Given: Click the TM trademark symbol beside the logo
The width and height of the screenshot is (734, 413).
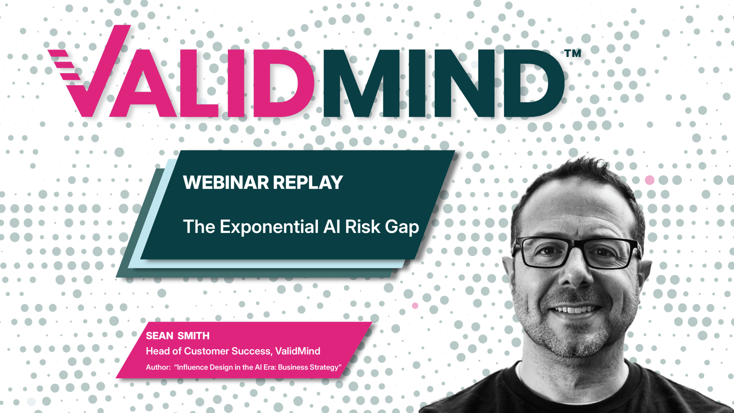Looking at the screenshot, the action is pos(573,53).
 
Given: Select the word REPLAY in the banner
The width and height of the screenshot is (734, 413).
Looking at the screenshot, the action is pos(308,182).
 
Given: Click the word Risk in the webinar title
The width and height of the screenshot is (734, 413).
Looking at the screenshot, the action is pos(362,227).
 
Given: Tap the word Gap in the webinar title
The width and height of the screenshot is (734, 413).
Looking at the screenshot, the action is pos(402,228).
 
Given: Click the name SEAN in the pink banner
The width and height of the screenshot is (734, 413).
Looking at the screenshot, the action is pos(159,336).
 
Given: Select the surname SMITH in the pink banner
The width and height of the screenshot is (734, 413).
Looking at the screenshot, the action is pos(194,336).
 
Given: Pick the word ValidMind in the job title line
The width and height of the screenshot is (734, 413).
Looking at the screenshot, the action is pos(298,351).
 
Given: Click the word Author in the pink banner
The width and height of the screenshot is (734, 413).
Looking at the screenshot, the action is pos(158,367).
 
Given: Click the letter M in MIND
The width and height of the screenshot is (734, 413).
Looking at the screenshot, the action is pos(362,83).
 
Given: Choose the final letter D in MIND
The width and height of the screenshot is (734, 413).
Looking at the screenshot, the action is pos(534,83).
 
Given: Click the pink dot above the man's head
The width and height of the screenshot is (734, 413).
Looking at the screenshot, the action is pos(649,180).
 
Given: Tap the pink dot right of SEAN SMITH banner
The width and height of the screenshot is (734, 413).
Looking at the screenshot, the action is pos(415,305).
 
